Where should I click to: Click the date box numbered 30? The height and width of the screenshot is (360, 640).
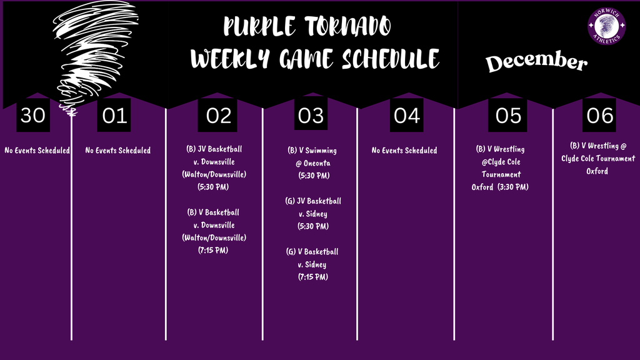pos(33,116)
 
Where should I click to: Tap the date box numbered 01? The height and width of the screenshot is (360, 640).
pos(115,116)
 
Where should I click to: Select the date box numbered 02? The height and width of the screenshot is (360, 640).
pos(217,116)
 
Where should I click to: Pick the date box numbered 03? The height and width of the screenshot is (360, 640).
pos(311,116)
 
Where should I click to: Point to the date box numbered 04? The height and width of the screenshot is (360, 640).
pos(406,116)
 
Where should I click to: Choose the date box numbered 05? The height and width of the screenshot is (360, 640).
pos(508,116)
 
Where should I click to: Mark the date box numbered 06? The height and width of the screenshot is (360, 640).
pos(599,116)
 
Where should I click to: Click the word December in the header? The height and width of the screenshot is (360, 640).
pos(537,62)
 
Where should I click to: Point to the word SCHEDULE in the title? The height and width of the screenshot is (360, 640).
pos(390,59)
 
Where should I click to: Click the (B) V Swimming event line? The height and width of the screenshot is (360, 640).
pos(312,151)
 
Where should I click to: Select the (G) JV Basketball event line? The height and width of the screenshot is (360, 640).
pos(313,201)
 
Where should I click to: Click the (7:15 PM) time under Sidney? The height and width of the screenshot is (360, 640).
pos(312,277)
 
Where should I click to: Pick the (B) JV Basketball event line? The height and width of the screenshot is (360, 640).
pos(214,149)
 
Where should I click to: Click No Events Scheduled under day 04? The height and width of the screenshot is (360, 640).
pos(404,151)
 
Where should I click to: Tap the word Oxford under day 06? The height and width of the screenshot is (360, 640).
pos(597,171)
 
